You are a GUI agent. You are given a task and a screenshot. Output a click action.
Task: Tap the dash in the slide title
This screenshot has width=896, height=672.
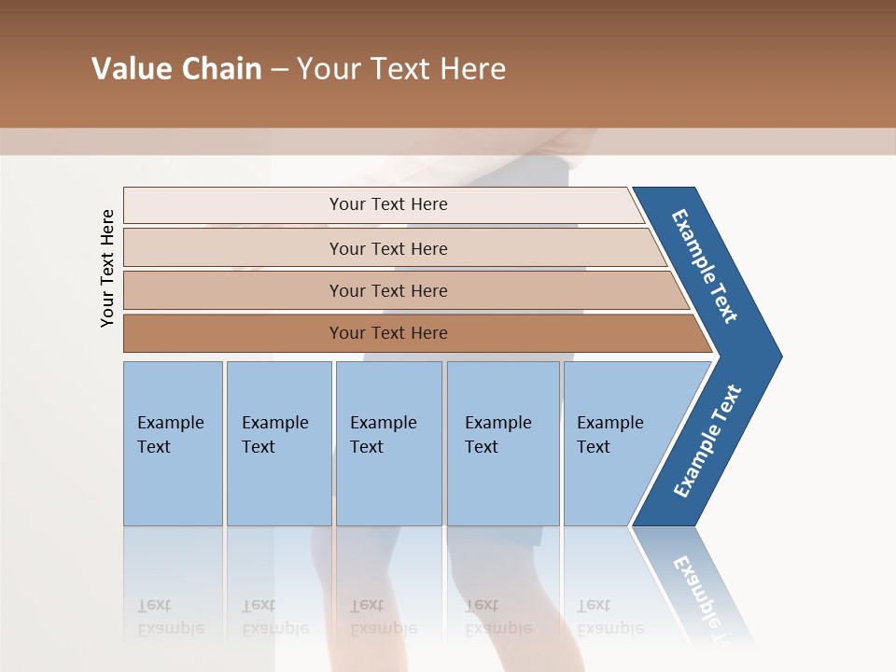[x=279, y=70]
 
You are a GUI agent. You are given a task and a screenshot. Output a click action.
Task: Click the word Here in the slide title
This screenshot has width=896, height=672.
[x=472, y=69]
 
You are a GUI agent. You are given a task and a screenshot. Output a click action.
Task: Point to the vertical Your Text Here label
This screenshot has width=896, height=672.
[x=107, y=268]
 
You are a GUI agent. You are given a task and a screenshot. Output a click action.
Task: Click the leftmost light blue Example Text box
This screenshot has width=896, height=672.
[x=173, y=443]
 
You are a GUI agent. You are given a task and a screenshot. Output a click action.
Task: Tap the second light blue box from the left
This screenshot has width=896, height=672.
[x=279, y=443]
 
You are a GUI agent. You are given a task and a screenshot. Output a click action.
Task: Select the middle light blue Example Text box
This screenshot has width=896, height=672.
[x=388, y=443]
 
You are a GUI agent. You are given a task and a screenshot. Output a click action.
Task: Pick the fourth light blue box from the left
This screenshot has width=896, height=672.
[x=503, y=443]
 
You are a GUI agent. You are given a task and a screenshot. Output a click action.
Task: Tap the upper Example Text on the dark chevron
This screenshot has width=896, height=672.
[x=705, y=266]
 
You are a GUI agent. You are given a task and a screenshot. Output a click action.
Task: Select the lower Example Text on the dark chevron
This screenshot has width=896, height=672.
[x=707, y=441]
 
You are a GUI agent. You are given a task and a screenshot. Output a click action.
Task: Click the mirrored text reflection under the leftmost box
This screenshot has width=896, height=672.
[x=170, y=617]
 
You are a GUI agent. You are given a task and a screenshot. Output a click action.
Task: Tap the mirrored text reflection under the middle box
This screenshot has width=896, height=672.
[x=383, y=617]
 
